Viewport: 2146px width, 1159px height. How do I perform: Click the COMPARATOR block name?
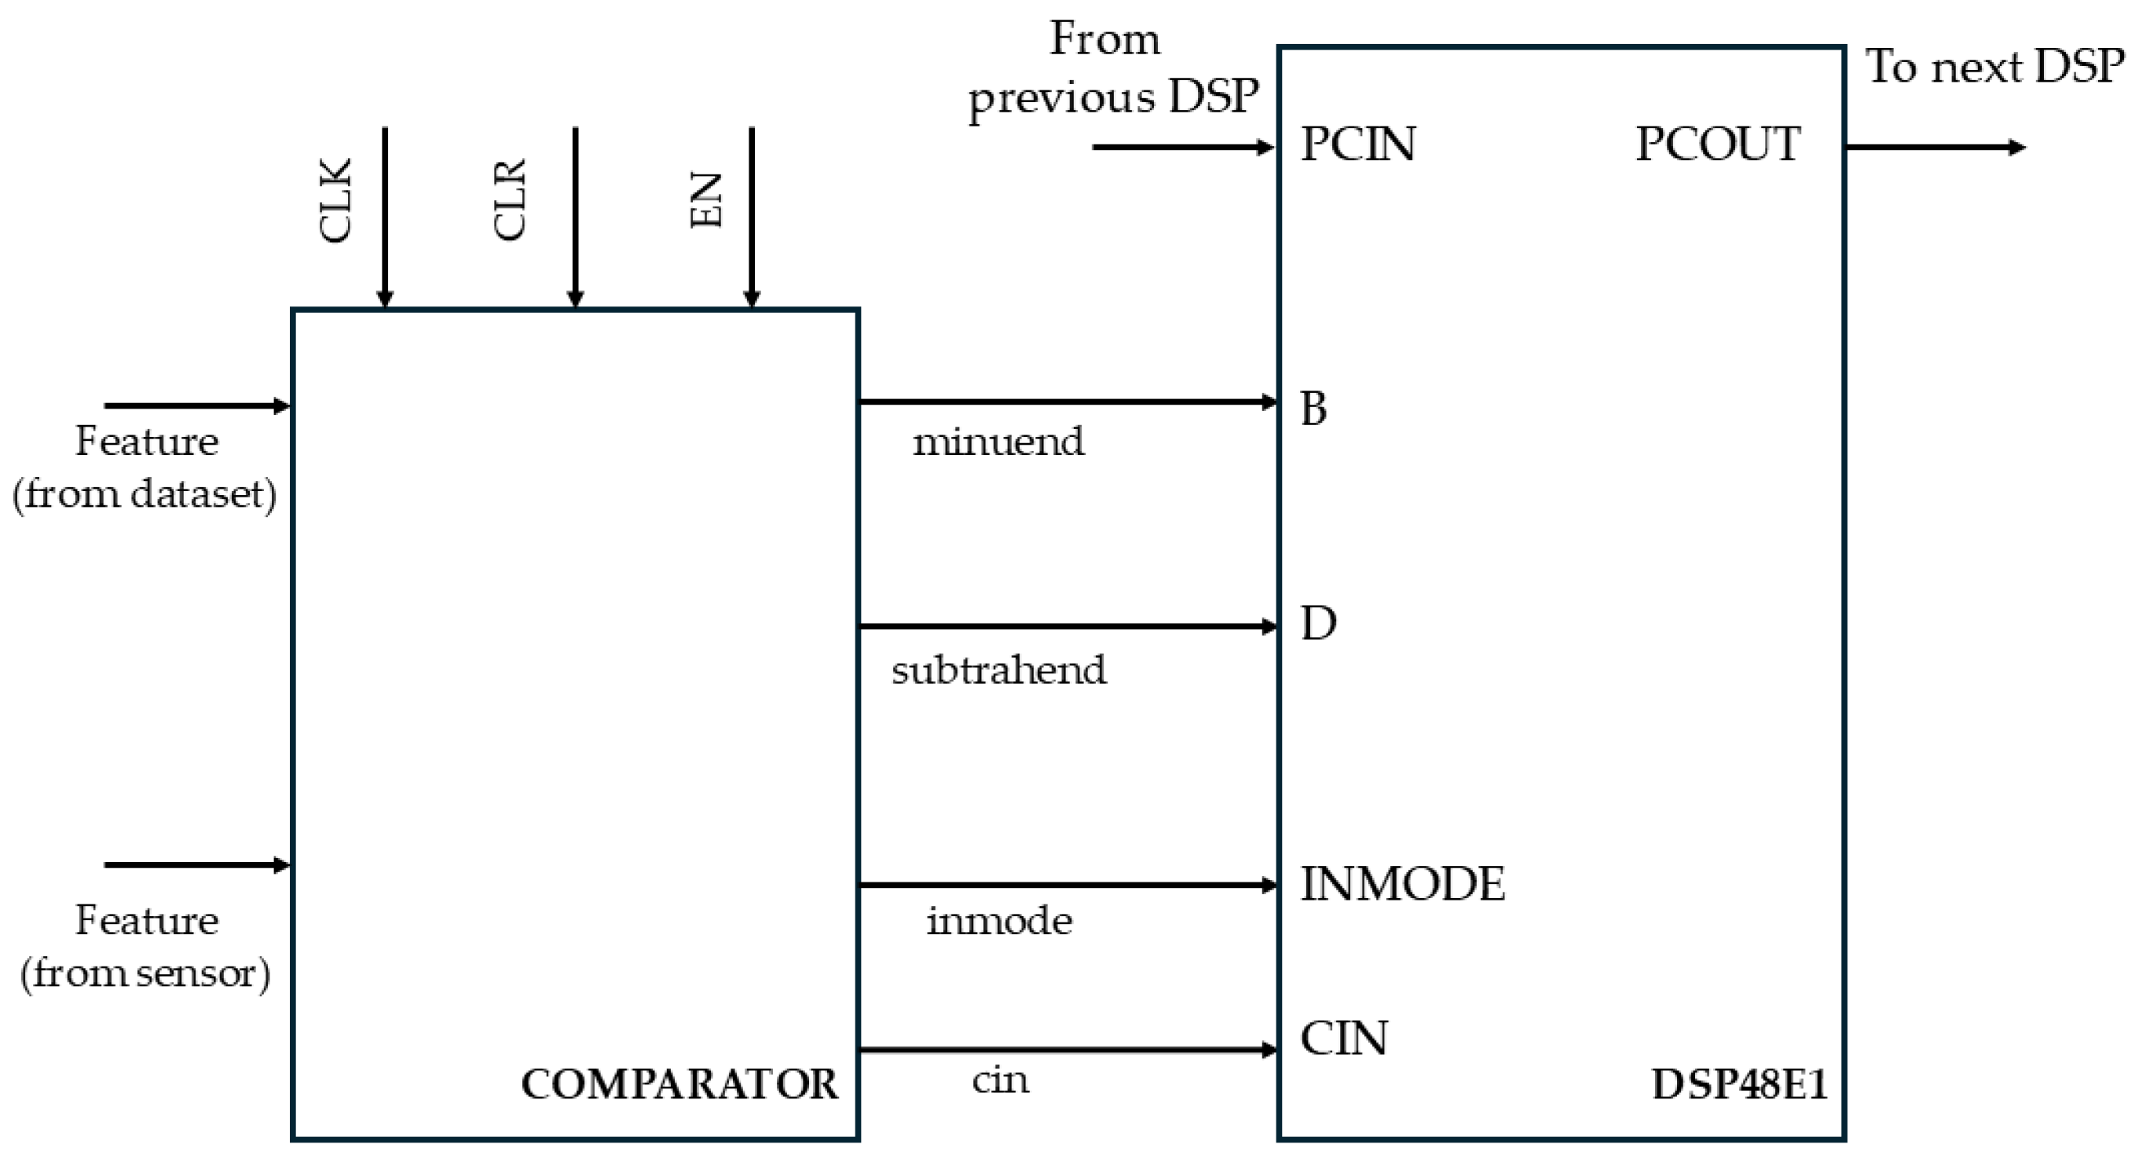(x=679, y=1084)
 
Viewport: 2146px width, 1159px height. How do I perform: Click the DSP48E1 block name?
(x=1738, y=1084)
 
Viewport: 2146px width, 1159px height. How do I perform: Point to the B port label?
(x=1314, y=409)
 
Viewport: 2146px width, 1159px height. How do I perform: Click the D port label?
(x=1318, y=623)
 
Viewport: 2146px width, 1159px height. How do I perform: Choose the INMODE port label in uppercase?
(x=1403, y=884)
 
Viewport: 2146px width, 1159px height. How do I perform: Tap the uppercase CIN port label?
(x=1344, y=1038)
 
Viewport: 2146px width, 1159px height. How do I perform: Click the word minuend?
(x=998, y=442)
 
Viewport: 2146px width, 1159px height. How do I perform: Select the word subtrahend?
(x=999, y=670)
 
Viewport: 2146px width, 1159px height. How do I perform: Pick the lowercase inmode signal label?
(x=999, y=922)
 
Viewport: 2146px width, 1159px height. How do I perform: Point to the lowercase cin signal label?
(x=1000, y=1080)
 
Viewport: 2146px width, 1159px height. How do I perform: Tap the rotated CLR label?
(x=510, y=200)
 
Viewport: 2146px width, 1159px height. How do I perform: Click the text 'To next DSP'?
(x=1994, y=67)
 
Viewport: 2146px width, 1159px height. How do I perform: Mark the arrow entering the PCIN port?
(x=1183, y=148)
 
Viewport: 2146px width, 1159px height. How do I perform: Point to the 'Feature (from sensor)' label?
(x=146, y=947)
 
